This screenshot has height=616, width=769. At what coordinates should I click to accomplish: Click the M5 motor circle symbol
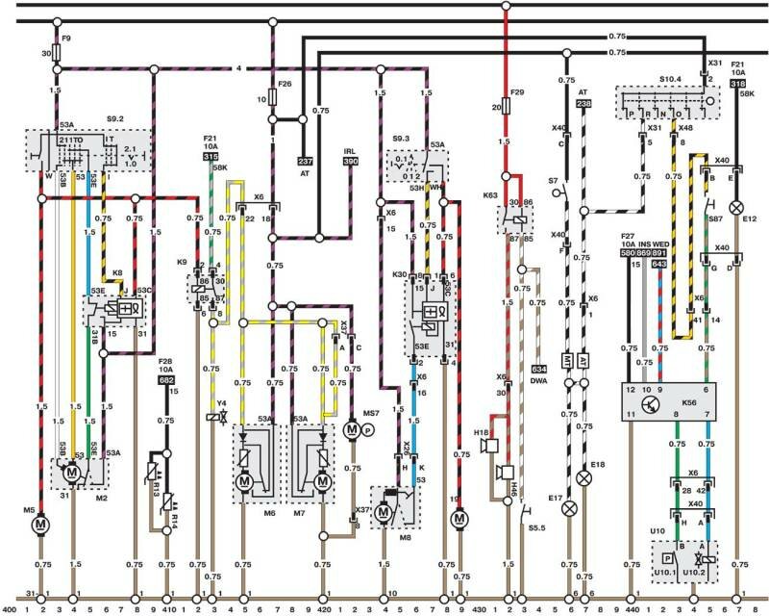pos(40,525)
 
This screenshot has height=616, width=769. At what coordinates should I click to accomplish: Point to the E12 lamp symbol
pos(738,208)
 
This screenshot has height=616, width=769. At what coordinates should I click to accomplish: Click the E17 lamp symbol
pos(568,507)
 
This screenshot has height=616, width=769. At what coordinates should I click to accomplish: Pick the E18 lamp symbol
pos(583,477)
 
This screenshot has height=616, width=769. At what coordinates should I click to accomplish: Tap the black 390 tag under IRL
pos(350,163)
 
